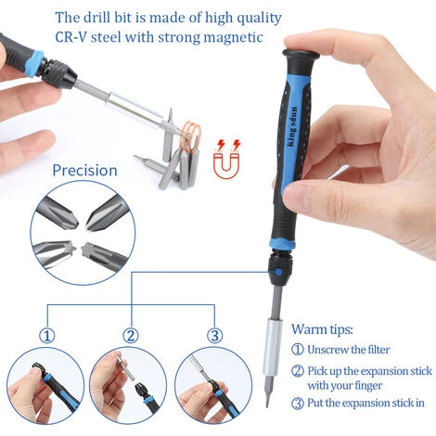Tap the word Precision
coord(84,171)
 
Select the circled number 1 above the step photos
coord(47,336)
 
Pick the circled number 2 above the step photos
coord(131,336)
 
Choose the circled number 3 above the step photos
coord(214,336)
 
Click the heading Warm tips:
coord(322,329)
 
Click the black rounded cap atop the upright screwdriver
coord(301,56)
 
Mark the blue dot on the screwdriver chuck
coord(278,272)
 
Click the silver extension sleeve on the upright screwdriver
coord(273,347)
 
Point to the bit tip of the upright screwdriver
coord(268,404)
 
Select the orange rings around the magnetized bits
coord(191,136)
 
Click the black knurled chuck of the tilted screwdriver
coord(59,74)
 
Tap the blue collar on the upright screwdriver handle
coord(283,244)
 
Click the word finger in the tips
coord(366,386)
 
